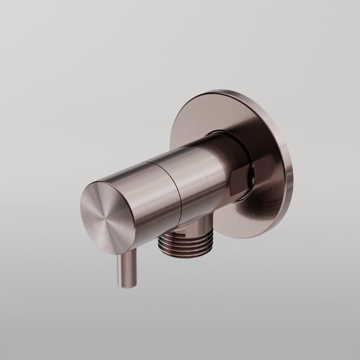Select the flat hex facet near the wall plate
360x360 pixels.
239,180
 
